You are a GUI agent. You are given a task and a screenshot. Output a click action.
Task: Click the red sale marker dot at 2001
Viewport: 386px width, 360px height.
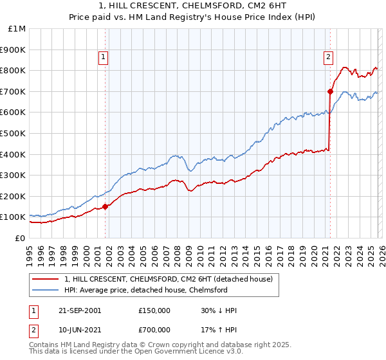point(105,207)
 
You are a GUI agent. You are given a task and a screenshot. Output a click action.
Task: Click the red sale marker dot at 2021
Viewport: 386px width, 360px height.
point(330,91)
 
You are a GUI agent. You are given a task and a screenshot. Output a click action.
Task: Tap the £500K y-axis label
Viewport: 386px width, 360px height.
point(13,133)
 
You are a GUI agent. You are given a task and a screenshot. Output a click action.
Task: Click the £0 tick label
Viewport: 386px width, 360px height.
point(19,238)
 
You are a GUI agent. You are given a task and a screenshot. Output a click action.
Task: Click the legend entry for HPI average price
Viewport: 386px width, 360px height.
point(145,290)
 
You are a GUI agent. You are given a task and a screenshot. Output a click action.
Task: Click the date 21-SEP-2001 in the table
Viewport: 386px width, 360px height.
point(80,310)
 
